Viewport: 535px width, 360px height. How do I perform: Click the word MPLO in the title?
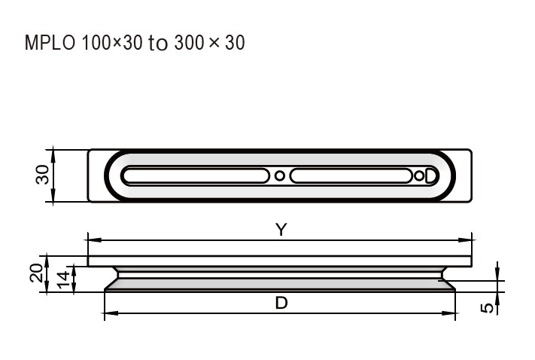tap(50, 43)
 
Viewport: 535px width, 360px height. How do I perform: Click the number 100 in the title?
tap(97, 43)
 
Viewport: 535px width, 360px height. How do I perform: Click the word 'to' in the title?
tap(157, 44)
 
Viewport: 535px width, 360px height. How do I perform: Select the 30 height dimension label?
tap(43, 175)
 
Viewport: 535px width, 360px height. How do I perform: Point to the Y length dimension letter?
tap(281, 230)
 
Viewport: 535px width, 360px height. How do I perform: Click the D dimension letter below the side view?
tap(281, 303)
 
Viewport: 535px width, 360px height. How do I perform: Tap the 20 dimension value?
tap(37, 273)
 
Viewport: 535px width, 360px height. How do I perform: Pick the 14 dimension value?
tap(63, 279)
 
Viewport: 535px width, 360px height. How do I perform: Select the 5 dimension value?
tap(487, 308)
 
